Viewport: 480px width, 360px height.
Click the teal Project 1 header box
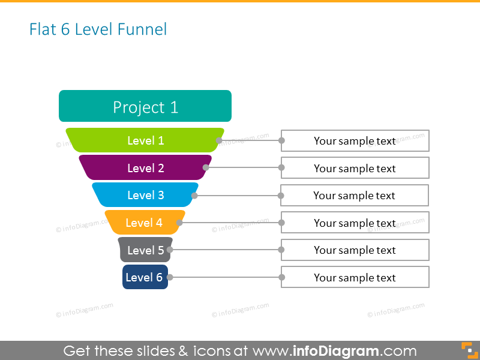click(145, 106)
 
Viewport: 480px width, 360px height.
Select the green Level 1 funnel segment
click(145, 140)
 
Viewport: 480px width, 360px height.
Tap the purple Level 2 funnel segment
click(145, 168)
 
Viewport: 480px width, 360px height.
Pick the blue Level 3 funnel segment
click(145, 195)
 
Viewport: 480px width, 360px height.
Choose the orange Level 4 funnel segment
click(145, 223)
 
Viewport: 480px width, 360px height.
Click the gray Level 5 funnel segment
click(145, 250)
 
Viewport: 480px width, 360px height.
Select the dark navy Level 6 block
click(145, 277)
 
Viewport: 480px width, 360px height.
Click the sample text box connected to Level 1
click(355, 141)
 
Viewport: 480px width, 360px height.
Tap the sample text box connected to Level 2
click(355, 168)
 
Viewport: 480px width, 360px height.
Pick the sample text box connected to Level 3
click(355, 196)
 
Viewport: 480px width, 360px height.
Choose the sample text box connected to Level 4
click(355, 223)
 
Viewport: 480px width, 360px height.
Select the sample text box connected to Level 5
click(355, 250)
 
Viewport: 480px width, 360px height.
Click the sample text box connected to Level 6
click(355, 277)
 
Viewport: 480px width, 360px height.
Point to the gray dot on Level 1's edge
click(219, 140)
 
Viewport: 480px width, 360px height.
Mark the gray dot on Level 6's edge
click(170, 277)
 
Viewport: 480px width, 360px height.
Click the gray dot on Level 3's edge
click(194, 196)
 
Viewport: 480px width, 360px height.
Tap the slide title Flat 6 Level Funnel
click(98, 29)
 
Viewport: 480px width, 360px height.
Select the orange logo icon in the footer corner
click(467, 350)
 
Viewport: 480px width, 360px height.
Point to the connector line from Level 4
click(231, 223)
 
